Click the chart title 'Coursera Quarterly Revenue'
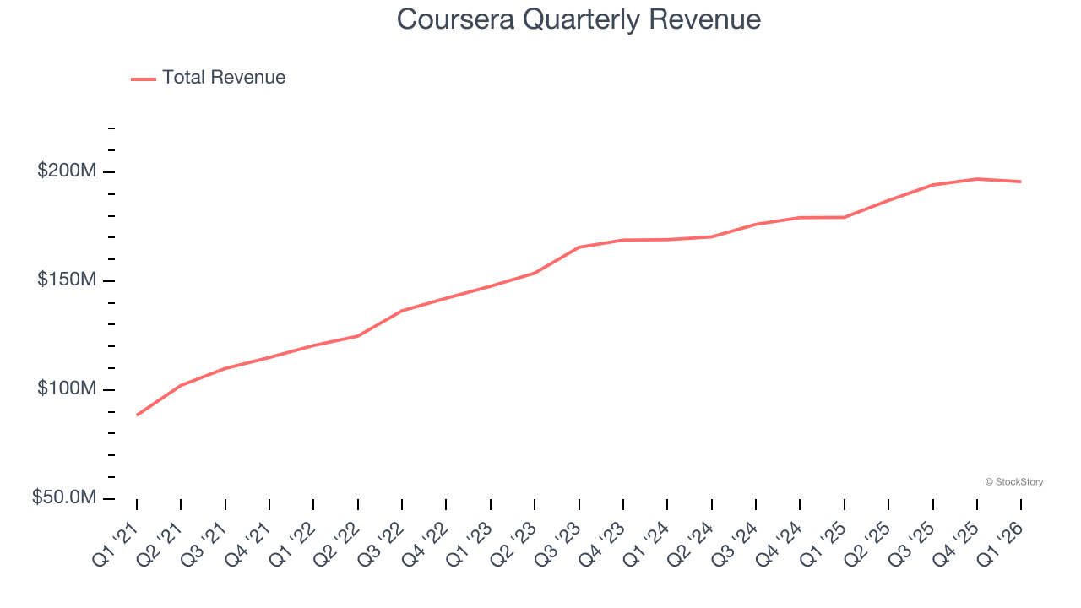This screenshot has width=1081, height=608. pyautogui.click(x=579, y=19)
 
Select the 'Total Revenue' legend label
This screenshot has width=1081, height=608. pyautogui.click(x=224, y=78)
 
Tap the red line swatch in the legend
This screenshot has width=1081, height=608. pyautogui.click(x=144, y=79)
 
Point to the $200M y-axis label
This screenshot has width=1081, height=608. pyautogui.click(x=66, y=171)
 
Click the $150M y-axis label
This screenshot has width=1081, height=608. pyautogui.click(x=66, y=280)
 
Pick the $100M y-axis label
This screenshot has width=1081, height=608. pyautogui.click(x=66, y=389)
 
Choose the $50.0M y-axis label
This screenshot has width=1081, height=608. pyautogui.click(x=63, y=498)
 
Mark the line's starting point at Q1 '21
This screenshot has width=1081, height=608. pyautogui.click(x=137, y=415)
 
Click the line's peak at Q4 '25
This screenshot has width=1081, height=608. pyautogui.click(x=977, y=179)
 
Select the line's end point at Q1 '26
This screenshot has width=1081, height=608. pyautogui.click(x=1021, y=182)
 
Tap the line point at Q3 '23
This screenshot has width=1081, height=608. pyautogui.click(x=579, y=247)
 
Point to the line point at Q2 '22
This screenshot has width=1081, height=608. pyautogui.click(x=358, y=336)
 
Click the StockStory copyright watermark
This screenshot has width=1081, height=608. pyautogui.click(x=1013, y=482)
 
